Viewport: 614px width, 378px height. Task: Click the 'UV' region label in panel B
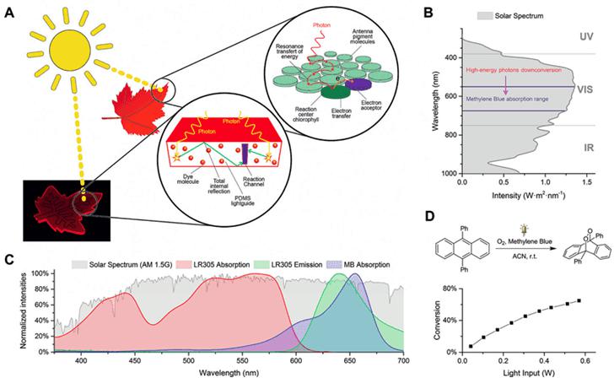click(574, 38)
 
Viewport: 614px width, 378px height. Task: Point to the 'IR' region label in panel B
click(574, 148)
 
